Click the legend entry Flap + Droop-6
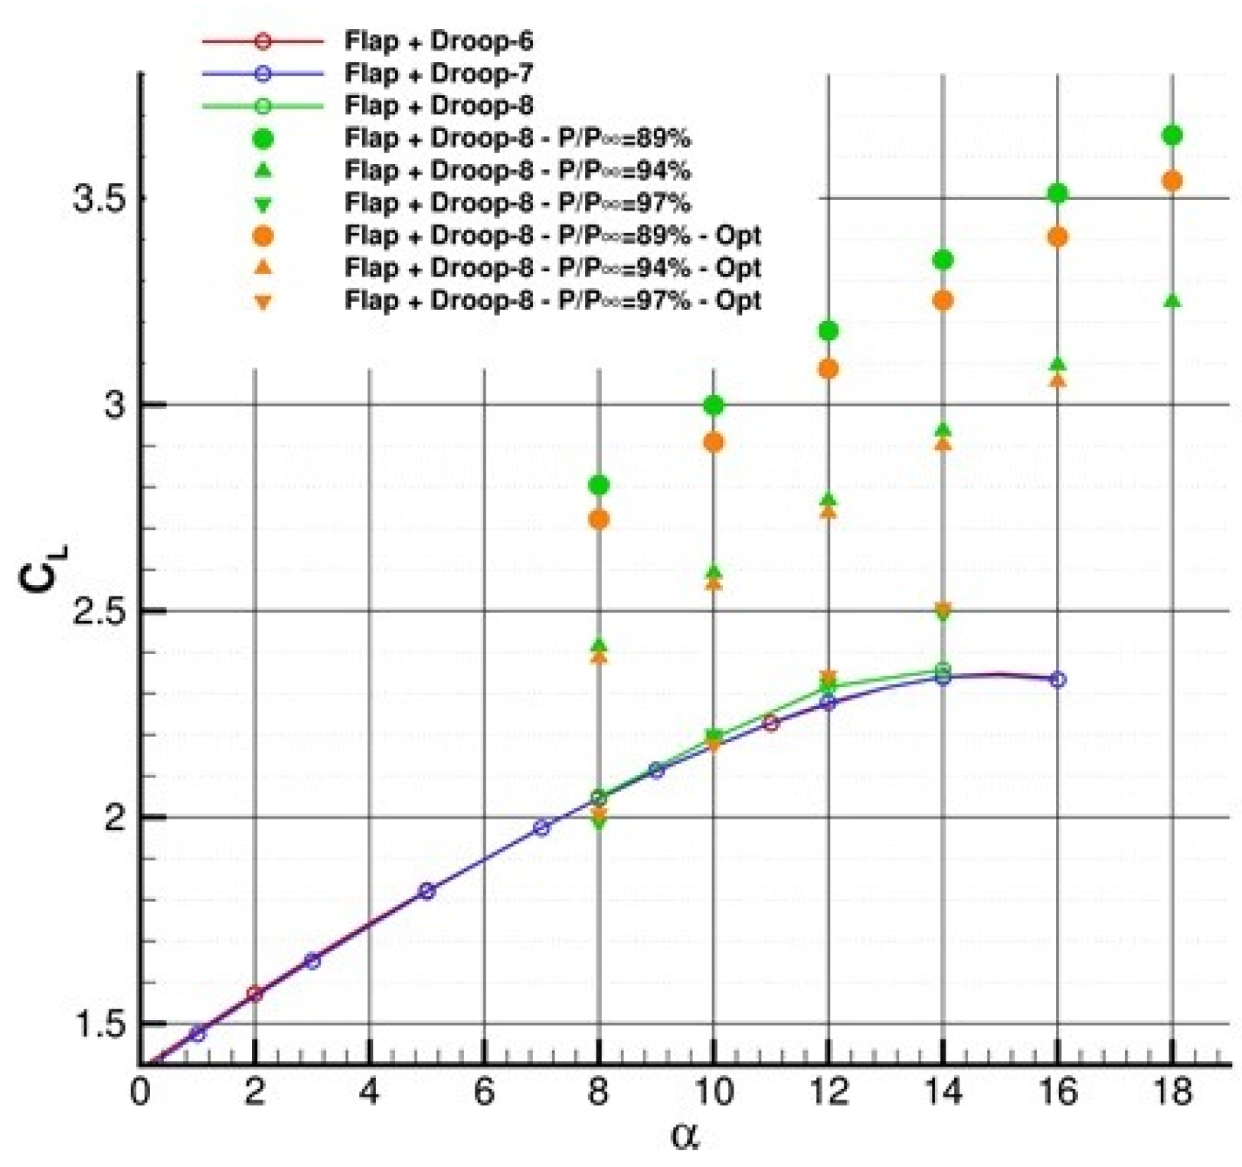(x=438, y=41)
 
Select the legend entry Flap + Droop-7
(x=438, y=74)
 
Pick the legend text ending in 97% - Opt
(x=552, y=299)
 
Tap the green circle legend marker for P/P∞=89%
(x=263, y=139)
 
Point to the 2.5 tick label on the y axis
(x=99, y=611)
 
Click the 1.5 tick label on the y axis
(x=99, y=1023)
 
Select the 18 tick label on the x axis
(x=1172, y=1091)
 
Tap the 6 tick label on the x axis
(x=484, y=1091)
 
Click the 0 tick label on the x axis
(x=139, y=1091)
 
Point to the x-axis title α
(x=684, y=1135)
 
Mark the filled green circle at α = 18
(x=1172, y=136)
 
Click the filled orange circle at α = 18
(x=1172, y=181)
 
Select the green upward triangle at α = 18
(x=1172, y=302)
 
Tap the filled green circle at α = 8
(x=599, y=485)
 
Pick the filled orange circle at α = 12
(x=828, y=369)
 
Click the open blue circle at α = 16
(x=1057, y=679)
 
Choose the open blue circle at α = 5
(x=427, y=891)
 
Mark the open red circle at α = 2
(x=255, y=994)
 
